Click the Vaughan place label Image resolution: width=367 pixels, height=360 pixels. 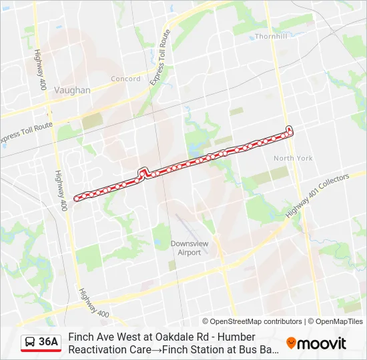pyautogui.click(x=73, y=90)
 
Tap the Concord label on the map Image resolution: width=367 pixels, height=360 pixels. pyautogui.click(x=125, y=79)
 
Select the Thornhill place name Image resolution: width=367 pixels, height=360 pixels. pyautogui.click(x=270, y=37)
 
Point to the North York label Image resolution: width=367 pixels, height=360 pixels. pyautogui.click(x=293, y=158)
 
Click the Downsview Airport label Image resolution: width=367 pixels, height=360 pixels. pyautogui.click(x=190, y=248)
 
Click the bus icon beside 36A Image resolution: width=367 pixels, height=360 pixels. pyautogui.click(x=30, y=343)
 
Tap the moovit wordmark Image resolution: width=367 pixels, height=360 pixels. pyautogui.click(x=322, y=343)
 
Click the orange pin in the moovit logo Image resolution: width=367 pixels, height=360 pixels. pyautogui.click(x=291, y=343)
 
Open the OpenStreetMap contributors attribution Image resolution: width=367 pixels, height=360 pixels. pyautogui.click(x=252, y=321)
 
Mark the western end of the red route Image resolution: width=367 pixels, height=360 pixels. pyautogui.click(x=76, y=197)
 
